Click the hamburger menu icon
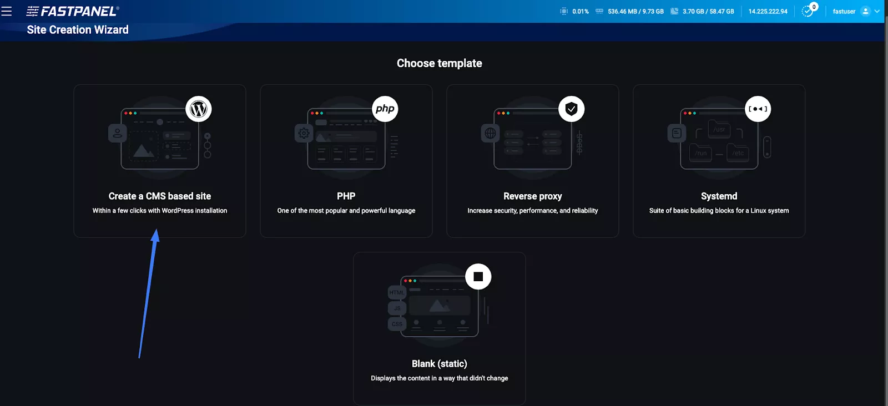click(x=7, y=11)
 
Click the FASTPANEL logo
click(x=73, y=11)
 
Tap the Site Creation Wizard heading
click(x=78, y=30)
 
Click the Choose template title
click(x=439, y=63)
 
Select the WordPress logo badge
click(x=199, y=109)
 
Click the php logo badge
click(x=385, y=109)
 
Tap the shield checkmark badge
click(x=572, y=109)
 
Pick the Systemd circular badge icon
click(x=758, y=109)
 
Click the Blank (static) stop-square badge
click(x=478, y=277)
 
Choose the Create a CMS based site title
click(x=160, y=196)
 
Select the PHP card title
click(x=346, y=196)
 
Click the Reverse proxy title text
click(x=532, y=196)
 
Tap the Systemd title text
click(x=719, y=196)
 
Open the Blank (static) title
click(x=439, y=364)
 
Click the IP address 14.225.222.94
click(x=768, y=12)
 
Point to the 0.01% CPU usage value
click(x=581, y=12)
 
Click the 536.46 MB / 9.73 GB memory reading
click(x=635, y=12)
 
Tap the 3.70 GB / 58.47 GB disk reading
click(x=708, y=12)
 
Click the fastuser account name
click(x=844, y=12)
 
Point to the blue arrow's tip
click(x=157, y=230)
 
